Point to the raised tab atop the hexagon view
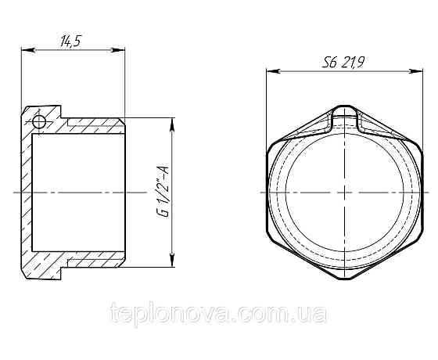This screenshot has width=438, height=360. point(344,117)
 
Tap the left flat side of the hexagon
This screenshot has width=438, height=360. point(268,192)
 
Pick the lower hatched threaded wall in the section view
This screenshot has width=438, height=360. point(94,258)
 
